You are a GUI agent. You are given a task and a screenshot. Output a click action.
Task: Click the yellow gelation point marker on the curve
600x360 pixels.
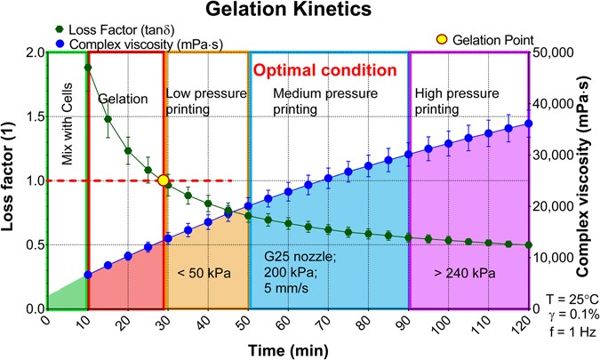click(164, 180)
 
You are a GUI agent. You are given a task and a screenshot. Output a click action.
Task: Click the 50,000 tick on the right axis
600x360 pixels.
click(556, 52)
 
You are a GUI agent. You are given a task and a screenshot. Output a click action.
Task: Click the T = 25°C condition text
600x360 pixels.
click(572, 300)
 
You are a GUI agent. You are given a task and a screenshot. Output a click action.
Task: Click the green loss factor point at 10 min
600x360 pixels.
click(87, 67)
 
